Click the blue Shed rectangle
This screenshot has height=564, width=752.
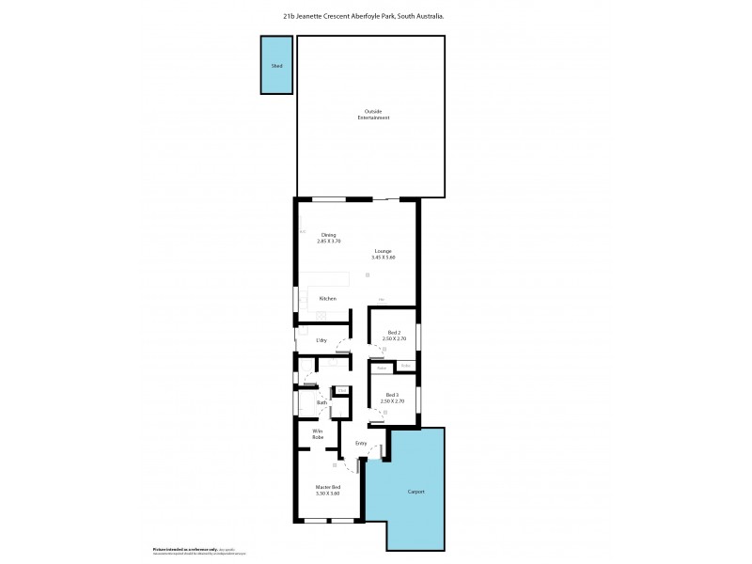[x=276, y=66]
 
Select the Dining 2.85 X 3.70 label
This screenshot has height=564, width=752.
[x=328, y=239]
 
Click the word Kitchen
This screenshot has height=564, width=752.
[x=327, y=299]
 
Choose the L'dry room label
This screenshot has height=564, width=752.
[x=321, y=339]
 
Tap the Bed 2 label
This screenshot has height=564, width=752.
[x=393, y=336]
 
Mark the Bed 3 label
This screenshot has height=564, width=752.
[x=391, y=399]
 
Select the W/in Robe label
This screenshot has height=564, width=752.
[x=319, y=435]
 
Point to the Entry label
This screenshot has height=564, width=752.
[x=360, y=443]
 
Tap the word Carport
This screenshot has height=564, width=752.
[x=416, y=492]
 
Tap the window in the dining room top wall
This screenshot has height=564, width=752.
[x=329, y=198]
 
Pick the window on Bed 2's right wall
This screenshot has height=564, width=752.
[x=419, y=337]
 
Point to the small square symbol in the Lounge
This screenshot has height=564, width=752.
[x=368, y=274]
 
